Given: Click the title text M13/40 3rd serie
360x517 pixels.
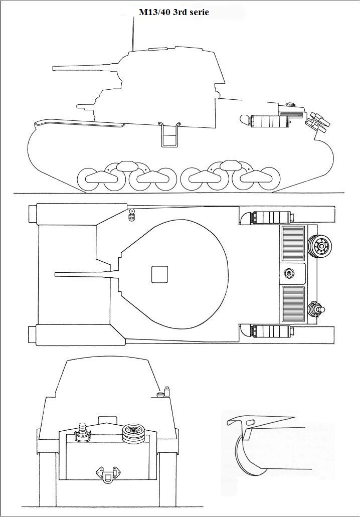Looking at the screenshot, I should [173, 12].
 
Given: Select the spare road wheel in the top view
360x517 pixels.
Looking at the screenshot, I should [320, 246].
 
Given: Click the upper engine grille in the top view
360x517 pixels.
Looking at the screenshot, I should [293, 243].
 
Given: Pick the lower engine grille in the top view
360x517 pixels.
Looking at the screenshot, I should [293, 305].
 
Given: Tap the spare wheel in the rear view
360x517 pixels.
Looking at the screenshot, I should [133, 432].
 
